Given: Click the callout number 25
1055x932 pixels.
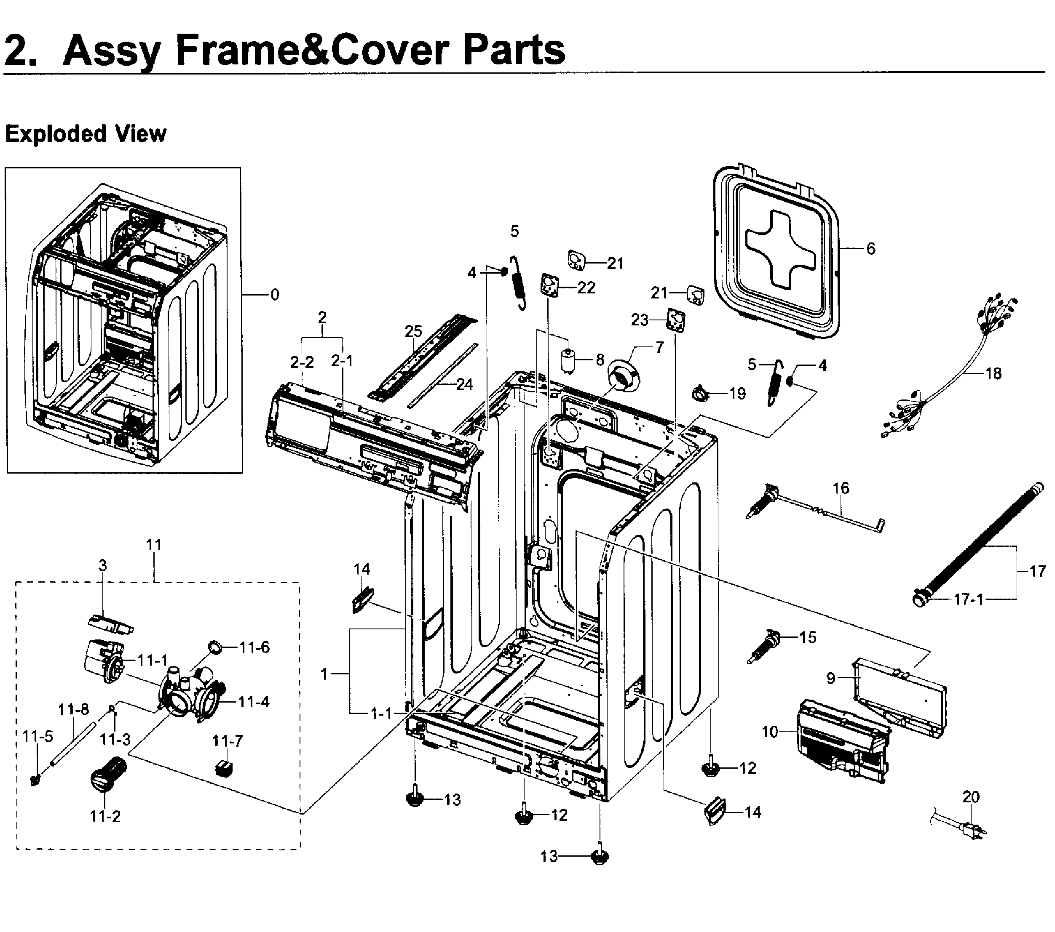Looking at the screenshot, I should point(413,331).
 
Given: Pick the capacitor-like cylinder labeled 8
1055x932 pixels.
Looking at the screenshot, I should point(568,359).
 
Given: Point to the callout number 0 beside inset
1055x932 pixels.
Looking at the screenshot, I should point(275,295).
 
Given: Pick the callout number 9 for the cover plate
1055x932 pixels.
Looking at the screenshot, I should point(830,678).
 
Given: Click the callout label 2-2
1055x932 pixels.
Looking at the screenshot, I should point(302,362).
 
